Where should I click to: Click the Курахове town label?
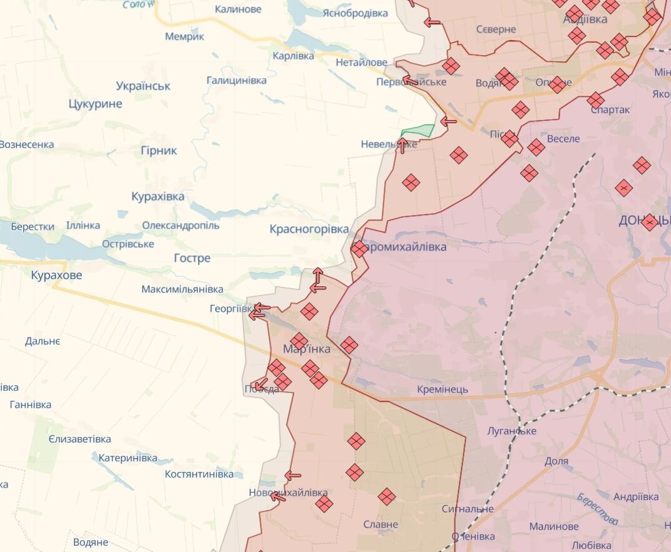click(x=56, y=275)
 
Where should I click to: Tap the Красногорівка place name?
click(x=309, y=229)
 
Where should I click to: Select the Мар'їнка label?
click(x=307, y=349)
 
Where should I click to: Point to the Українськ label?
click(x=143, y=86)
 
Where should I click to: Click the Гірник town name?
click(x=158, y=151)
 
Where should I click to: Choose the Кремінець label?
click(x=443, y=389)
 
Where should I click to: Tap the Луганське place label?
click(x=511, y=431)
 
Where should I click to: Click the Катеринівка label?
click(x=128, y=458)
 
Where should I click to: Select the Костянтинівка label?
click(x=199, y=474)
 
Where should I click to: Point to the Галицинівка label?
click(x=236, y=81)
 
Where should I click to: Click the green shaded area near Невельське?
click(x=419, y=131)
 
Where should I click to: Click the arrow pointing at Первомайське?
click(x=410, y=80)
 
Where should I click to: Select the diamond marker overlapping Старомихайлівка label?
click(x=359, y=249)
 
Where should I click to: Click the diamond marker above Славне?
click(x=386, y=497)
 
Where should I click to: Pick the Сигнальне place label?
click(x=467, y=509)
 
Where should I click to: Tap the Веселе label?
click(x=563, y=139)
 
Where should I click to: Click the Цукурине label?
click(x=95, y=104)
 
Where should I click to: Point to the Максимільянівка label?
click(x=182, y=289)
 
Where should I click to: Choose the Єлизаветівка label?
click(x=79, y=439)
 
